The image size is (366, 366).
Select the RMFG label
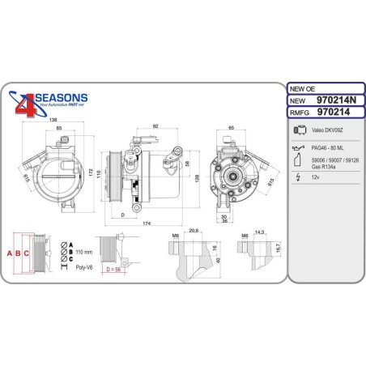[299, 113]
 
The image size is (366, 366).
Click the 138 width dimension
[53, 120]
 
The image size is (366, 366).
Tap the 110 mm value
[85, 251]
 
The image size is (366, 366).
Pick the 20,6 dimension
[193, 232]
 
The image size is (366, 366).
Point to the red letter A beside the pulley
[11, 253]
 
